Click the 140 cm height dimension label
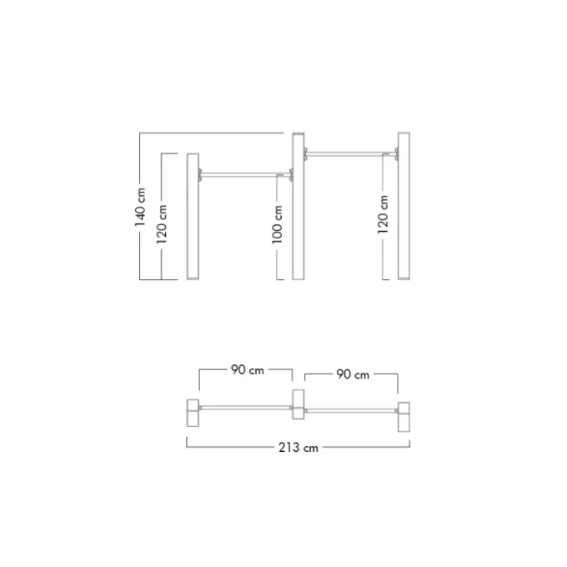(x=140, y=207)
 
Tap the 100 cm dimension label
(x=278, y=224)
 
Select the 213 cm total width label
(x=299, y=448)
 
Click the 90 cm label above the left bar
(x=248, y=369)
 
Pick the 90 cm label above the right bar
(x=353, y=374)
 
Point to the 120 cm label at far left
(x=162, y=224)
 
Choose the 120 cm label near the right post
(x=383, y=214)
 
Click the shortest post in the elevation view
(x=193, y=216)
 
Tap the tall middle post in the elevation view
(x=299, y=206)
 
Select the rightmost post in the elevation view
(x=404, y=206)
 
